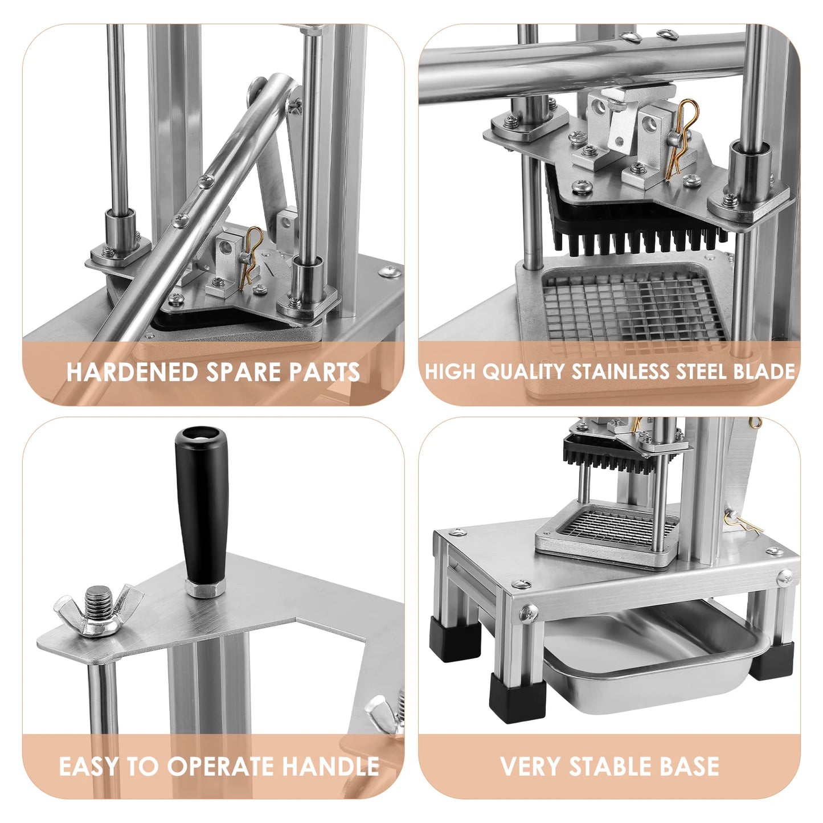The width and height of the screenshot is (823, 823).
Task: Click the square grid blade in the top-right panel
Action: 632,308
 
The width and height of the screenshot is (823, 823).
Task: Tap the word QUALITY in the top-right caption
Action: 523,372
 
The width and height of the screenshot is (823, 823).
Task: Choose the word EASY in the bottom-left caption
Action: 89,767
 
